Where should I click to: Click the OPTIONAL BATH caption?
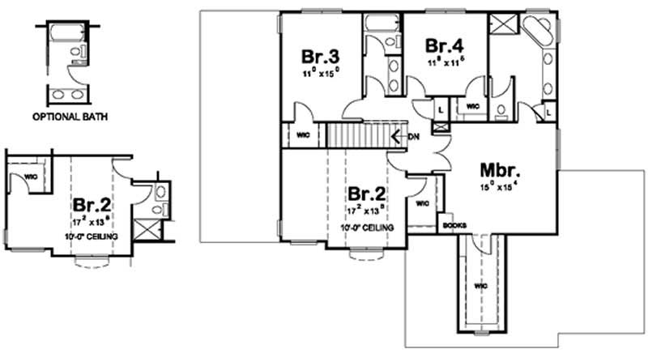click(x=70, y=117)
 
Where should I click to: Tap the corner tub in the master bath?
click(x=535, y=32)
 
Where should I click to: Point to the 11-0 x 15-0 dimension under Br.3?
click(x=320, y=72)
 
